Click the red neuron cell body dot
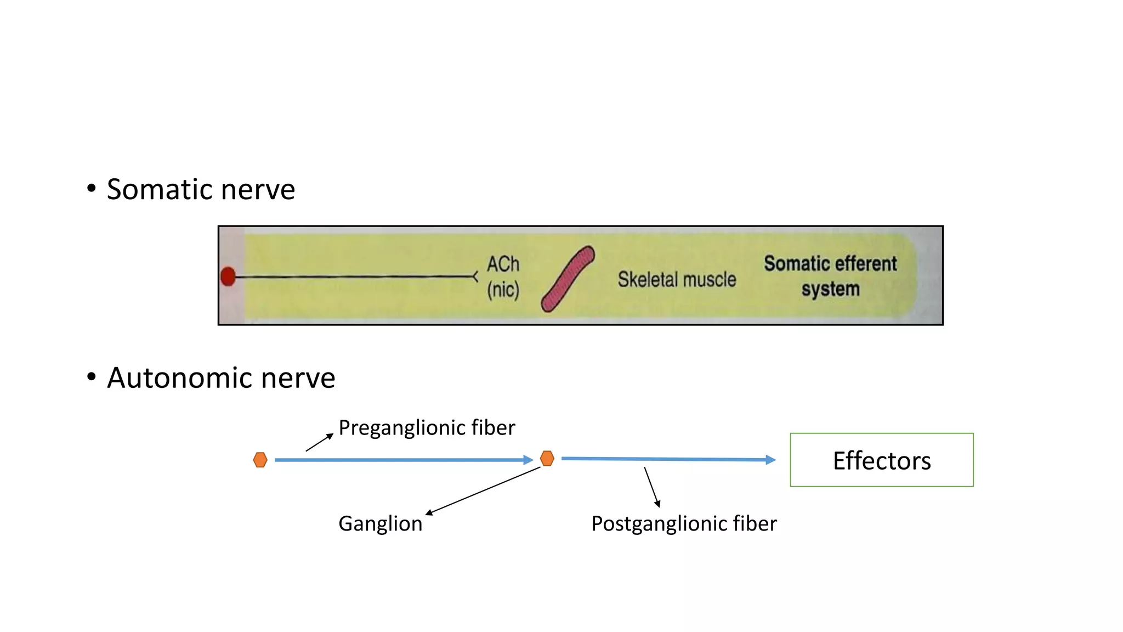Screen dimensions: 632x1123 (x=228, y=276)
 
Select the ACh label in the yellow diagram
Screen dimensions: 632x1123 (x=503, y=264)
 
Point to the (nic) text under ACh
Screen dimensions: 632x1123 (x=503, y=290)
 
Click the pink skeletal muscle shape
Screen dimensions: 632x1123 (x=568, y=279)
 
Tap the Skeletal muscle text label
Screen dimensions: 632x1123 (x=677, y=280)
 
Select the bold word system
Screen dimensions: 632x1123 (x=830, y=289)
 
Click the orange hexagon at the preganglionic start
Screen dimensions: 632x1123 (x=260, y=460)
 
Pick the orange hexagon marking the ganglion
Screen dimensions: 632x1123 (x=547, y=458)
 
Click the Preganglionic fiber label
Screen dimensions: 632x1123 (x=427, y=428)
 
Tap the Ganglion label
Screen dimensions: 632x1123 (x=380, y=524)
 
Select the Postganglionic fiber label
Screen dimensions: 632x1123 (x=684, y=524)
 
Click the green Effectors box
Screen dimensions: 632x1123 (x=881, y=460)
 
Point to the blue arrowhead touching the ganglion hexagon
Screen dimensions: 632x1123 (x=528, y=460)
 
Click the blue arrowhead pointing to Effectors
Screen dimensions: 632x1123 (x=770, y=460)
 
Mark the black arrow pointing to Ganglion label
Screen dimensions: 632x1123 (x=483, y=491)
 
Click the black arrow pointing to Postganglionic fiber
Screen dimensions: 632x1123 (x=651, y=487)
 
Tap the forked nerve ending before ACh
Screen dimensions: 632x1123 (x=475, y=277)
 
